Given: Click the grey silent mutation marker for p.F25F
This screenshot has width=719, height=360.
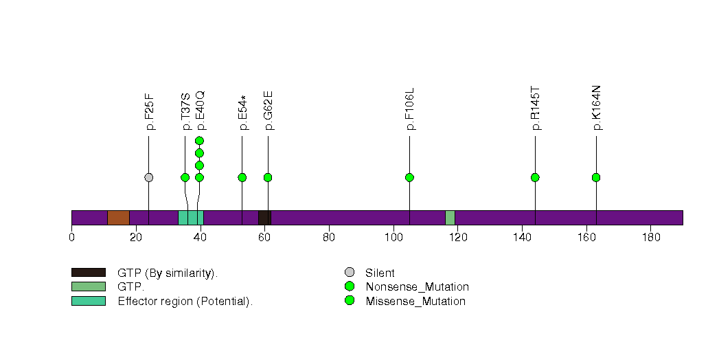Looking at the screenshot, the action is (x=148, y=177).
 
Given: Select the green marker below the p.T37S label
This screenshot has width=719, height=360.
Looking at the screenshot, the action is (x=185, y=177).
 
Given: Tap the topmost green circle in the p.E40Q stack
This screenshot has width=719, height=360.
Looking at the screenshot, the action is (x=199, y=140).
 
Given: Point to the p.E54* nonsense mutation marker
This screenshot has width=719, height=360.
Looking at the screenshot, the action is (x=242, y=177).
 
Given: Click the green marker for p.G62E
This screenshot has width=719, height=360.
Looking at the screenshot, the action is (x=269, y=177).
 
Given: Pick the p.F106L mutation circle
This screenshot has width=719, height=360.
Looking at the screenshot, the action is (x=409, y=177).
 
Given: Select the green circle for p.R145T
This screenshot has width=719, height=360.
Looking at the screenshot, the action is (x=535, y=177).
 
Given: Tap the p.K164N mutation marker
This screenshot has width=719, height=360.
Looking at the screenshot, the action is (x=596, y=177).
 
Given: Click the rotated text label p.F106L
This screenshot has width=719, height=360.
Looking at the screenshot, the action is (x=409, y=109).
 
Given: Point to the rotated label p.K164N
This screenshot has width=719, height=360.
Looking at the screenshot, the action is (x=596, y=108).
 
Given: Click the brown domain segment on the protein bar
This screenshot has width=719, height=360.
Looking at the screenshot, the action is (x=118, y=218).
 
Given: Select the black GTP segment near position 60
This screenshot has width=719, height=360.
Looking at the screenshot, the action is (x=264, y=218).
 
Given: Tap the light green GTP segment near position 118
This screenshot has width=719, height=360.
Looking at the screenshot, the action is (x=450, y=218).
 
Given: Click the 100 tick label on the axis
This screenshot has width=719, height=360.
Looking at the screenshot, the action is (x=393, y=237).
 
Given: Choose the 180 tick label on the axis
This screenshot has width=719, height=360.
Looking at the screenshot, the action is (x=651, y=237).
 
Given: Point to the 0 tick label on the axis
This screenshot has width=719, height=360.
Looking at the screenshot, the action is (x=71, y=237).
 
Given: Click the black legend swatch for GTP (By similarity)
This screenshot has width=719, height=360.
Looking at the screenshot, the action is (x=89, y=273).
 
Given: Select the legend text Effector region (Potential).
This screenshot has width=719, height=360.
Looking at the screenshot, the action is (x=185, y=302).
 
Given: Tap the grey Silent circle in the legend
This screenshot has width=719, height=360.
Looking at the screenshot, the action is (x=350, y=273).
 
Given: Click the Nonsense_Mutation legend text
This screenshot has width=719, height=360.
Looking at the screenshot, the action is (x=418, y=287).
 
